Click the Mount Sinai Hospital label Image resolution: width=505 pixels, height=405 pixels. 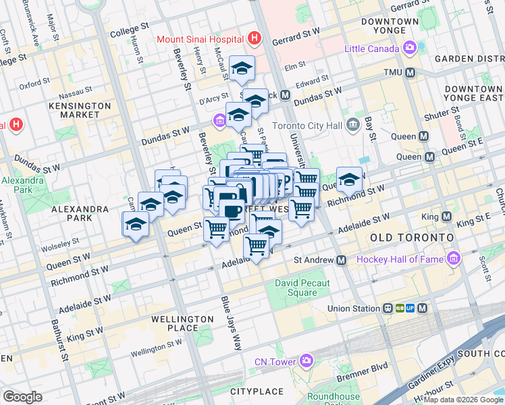click(201, 38)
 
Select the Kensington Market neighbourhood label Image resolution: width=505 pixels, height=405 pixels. click(80, 111)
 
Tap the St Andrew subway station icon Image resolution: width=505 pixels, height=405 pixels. click(342, 260)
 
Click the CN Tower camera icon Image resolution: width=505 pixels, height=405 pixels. click(307, 361)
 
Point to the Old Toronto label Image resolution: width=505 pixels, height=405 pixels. click(412, 238)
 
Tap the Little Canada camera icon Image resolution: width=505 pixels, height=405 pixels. click(409, 48)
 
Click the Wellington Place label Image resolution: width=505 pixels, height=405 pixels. click(182, 323)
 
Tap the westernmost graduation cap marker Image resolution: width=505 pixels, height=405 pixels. click(136, 225)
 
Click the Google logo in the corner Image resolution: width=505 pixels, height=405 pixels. click(22, 397)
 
